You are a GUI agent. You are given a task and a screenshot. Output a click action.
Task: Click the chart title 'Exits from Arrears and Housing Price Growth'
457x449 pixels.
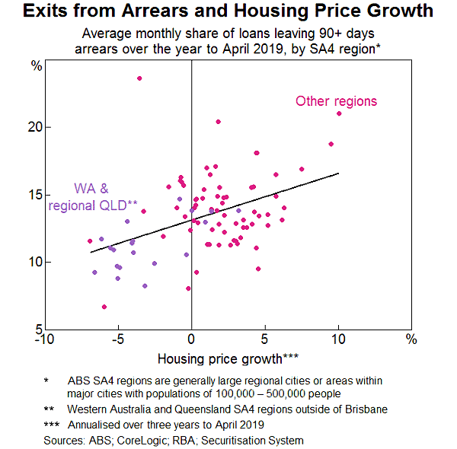point(228,12)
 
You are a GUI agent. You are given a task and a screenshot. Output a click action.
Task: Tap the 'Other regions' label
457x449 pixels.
point(336,101)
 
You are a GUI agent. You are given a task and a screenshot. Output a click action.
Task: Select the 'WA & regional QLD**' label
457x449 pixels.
point(92,196)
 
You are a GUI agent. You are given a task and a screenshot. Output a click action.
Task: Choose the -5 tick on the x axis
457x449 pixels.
point(117,339)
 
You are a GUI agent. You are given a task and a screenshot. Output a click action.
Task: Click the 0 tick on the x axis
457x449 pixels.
point(191,339)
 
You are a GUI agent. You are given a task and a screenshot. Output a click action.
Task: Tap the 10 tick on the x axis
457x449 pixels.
point(338,339)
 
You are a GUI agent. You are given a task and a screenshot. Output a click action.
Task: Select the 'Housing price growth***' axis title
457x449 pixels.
point(228,358)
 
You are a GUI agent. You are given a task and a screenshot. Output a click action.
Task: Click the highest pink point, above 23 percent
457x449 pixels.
point(139,78)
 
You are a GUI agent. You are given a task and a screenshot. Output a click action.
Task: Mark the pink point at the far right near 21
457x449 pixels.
point(339,113)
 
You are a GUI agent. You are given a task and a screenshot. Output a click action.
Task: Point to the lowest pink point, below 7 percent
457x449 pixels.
point(104,307)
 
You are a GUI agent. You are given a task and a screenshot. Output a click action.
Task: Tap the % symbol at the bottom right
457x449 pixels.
point(411,339)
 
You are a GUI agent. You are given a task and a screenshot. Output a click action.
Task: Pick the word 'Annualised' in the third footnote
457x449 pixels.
point(97,424)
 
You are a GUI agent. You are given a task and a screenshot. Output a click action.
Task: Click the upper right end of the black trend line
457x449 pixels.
point(338,174)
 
